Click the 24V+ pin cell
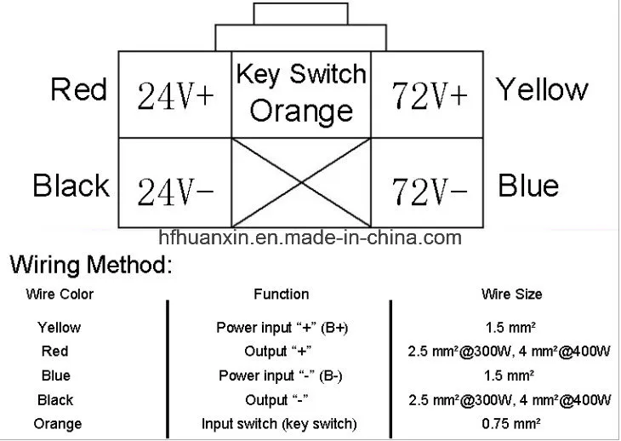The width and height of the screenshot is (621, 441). [175, 95]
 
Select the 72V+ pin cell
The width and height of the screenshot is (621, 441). [430, 95]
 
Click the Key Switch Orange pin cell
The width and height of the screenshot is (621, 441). [302, 94]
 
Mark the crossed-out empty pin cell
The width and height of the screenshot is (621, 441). [302, 181]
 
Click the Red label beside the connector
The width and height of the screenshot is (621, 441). [78, 89]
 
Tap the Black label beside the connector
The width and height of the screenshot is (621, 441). [71, 185]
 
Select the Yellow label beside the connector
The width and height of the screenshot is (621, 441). [542, 89]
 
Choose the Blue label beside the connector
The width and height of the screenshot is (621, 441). [527, 185]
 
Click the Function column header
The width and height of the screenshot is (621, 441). [281, 295]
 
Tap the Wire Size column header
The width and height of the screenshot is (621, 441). [511, 295]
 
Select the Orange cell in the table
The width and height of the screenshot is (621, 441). [58, 424]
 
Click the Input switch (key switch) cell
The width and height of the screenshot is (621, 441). [279, 424]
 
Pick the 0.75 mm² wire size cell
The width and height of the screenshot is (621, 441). [510, 424]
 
